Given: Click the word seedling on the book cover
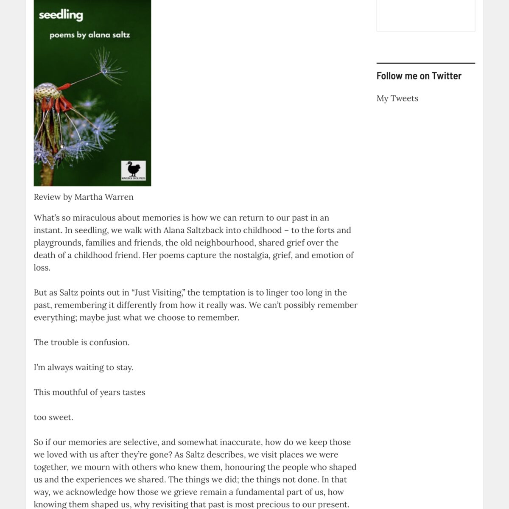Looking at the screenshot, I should click(61, 15).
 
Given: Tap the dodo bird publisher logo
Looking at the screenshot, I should click(133, 171).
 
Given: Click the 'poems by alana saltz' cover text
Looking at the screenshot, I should click(89, 35).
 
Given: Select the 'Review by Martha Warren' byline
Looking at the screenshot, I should click(84, 197).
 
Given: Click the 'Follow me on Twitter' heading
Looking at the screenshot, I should click(419, 76).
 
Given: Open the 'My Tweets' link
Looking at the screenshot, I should click(397, 98).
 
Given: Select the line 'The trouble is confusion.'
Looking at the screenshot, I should click(81, 342).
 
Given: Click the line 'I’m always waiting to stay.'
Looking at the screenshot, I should click(84, 367).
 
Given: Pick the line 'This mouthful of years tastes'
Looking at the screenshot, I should click(89, 392).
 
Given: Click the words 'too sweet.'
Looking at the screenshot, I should click(53, 417).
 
